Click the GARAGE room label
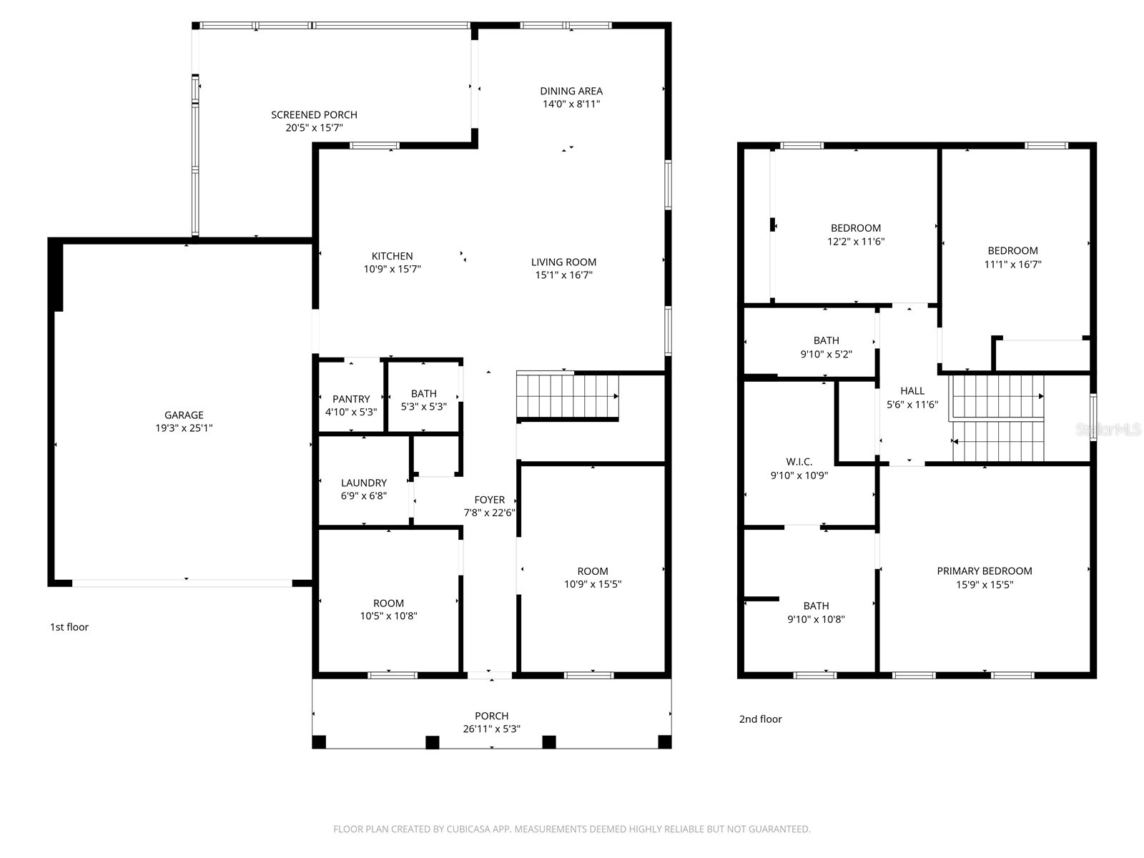coord(184,415)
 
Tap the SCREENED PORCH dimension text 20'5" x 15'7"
coord(314,128)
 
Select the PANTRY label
coord(351,399)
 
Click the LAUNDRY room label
coord(363,483)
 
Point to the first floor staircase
coord(567,396)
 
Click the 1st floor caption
coord(69,627)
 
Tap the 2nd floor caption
coord(760,719)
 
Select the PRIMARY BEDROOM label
coord(984,571)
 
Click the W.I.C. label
coord(799,462)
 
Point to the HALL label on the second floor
coord(912,391)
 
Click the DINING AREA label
coord(571,91)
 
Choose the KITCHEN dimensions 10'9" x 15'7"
coord(392,270)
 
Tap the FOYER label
coord(489,500)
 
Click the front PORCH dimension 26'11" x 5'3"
coord(491,729)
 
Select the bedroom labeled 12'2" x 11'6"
coord(855,235)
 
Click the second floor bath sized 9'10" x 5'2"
coord(826,347)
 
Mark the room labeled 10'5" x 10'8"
coord(388,609)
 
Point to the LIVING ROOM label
coord(563,262)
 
